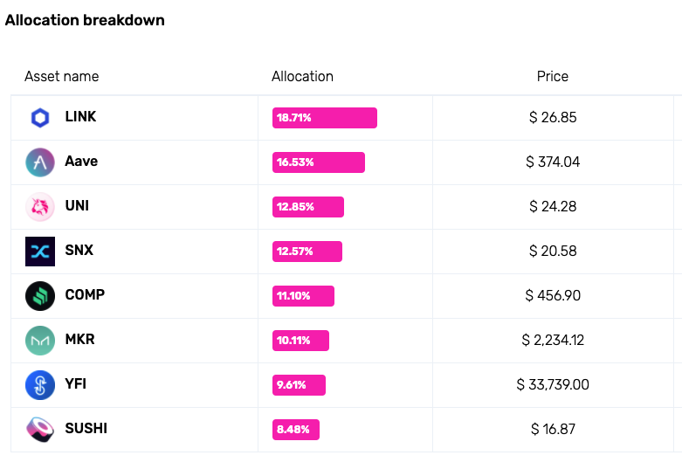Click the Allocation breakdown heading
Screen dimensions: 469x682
coord(85,20)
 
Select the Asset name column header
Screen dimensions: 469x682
coord(61,76)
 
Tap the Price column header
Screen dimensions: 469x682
coord(552,76)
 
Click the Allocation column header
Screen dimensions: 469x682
coord(302,76)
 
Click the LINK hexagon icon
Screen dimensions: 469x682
coord(40,118)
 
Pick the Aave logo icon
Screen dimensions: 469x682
coord(40,162)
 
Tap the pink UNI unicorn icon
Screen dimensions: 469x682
coord(40,207)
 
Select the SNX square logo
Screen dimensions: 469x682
coord(40,252)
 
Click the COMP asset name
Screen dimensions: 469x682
coord(85,295)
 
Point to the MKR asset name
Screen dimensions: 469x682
coord(80,340)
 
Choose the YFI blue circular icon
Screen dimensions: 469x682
coord(40,384)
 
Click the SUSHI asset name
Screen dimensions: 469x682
coord(86,429)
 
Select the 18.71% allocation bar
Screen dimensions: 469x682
coord(324,118)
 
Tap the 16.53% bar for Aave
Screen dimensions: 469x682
coord(318,162)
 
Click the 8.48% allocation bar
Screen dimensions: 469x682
coord(296,430)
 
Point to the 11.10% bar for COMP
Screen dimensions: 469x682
coord(303,296)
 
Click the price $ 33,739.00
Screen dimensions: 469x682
coord(552,385)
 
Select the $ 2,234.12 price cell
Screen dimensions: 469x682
coord(552,341)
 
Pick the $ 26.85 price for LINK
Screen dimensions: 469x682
coord(552,118)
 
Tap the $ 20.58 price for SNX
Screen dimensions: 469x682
coord(552,252)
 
